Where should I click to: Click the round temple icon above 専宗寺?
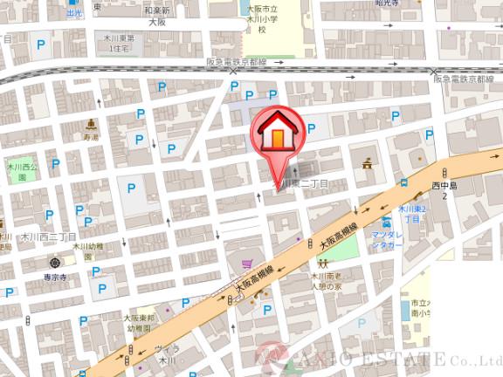(56, 262)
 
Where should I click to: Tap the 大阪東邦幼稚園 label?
(139, 325)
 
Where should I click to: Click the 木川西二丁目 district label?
(48, 237)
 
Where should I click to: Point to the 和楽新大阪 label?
(157, 16)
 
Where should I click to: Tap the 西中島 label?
(444, 191)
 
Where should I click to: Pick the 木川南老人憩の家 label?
(329, 282)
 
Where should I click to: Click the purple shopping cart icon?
(249, 264)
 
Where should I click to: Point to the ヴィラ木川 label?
(166, 354)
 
